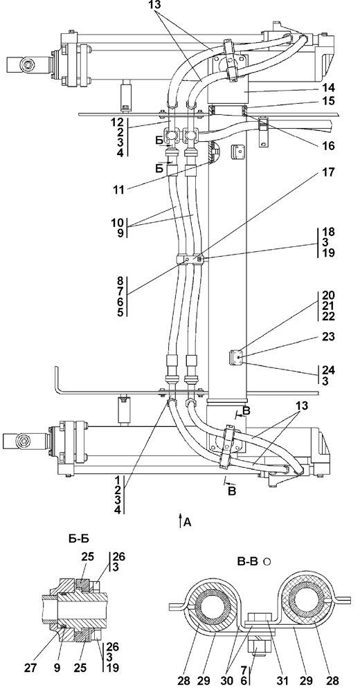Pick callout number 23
tap(329, 337)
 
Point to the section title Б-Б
tap(79, 538)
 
